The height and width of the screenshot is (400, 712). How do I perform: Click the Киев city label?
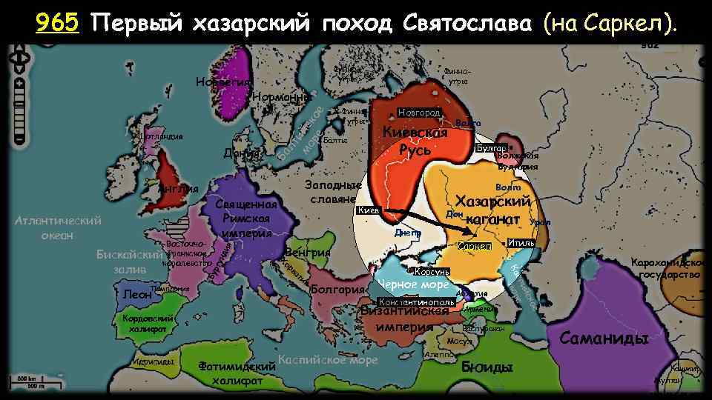click(x=369, y=210)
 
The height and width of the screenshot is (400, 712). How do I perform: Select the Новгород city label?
click(x=419, y=112)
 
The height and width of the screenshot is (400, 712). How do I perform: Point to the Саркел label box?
click(x=475, y=245)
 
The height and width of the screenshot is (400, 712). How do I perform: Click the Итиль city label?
click(x=521, y=244)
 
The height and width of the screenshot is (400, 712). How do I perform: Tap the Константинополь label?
click(x=416, y=302)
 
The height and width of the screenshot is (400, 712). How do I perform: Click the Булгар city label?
click(x=490, y=148)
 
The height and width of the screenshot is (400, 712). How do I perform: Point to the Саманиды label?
click(x=604, y=339)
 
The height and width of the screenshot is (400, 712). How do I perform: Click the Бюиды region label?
click(x=487, y=367)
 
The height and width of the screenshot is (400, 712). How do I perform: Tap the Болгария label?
click(x=337, y=289)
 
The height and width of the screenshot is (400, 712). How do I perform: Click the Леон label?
click(x=136, y=294)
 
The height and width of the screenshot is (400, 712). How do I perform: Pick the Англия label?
click(x=178, y=189)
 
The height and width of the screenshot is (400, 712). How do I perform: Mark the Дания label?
click(x=240, y=153)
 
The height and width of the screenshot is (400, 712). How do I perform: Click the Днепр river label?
click(x=408, y=233)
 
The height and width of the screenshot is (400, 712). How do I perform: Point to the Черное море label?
click(x=414, y=285)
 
